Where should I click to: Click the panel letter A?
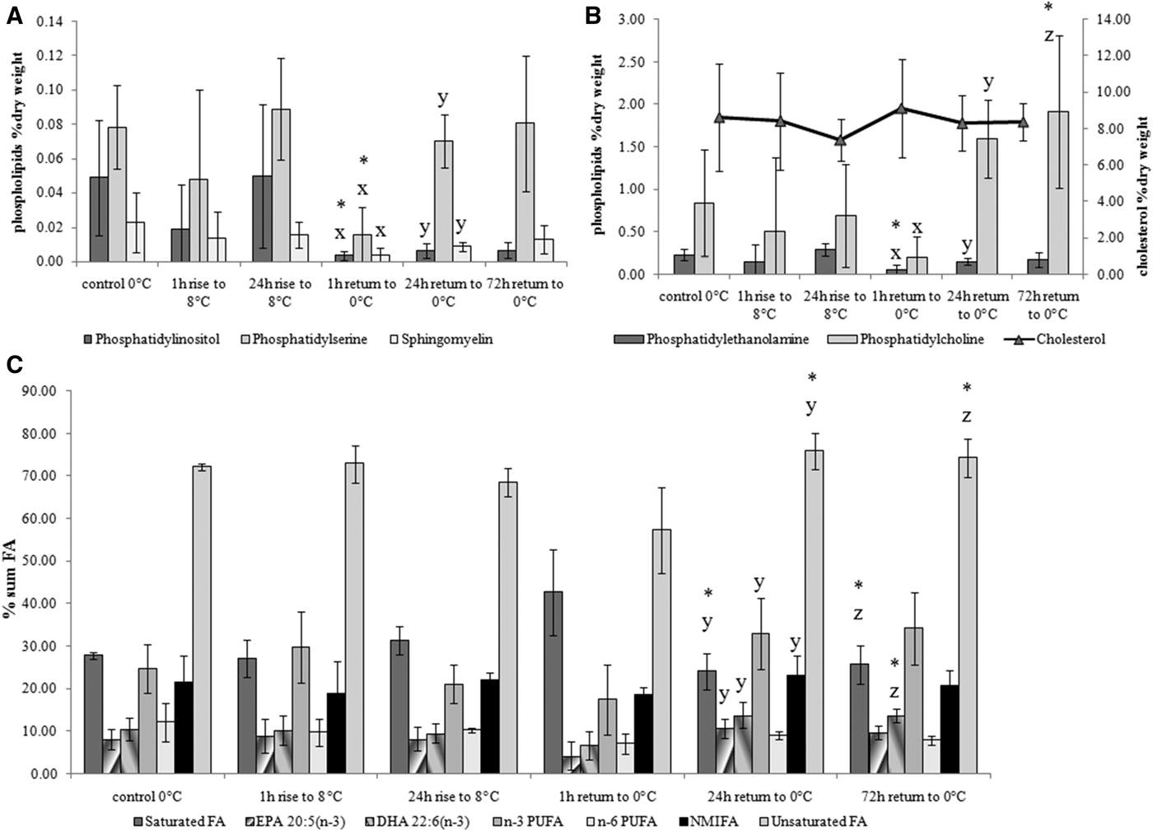click(x=14, y=14)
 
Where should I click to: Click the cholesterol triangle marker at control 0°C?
click(x=719, y=118)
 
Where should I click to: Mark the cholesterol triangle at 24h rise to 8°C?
click(x=840, y=140)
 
